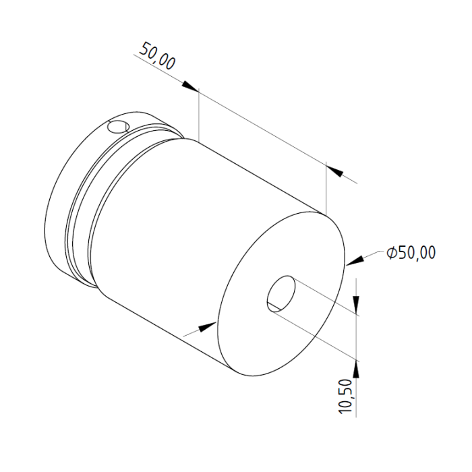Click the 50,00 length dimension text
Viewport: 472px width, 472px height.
pyautogui.click(x=158, y=56)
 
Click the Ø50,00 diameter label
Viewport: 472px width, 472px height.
pyautogui.click(x=411, y=252)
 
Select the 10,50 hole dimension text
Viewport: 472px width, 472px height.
pyautogui.click(x=345, y=396)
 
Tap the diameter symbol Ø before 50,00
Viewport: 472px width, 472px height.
pyautogui.click(x=392, y=252)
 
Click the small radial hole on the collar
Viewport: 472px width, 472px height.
pyautogui.click(x=119, y=127)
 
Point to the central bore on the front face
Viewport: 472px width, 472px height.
pyautogui.click(x=281, y=293)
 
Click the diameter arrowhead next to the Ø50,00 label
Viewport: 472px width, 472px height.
pyautogui.click(x=355, y=261)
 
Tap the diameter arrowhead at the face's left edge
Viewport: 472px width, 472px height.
pyautogui.click(x=208, y=327)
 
